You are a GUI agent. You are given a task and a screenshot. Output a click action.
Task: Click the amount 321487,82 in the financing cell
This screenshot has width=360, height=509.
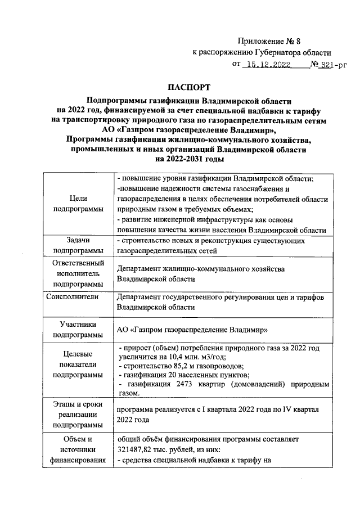pyautogui.click(x=138, y=451)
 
